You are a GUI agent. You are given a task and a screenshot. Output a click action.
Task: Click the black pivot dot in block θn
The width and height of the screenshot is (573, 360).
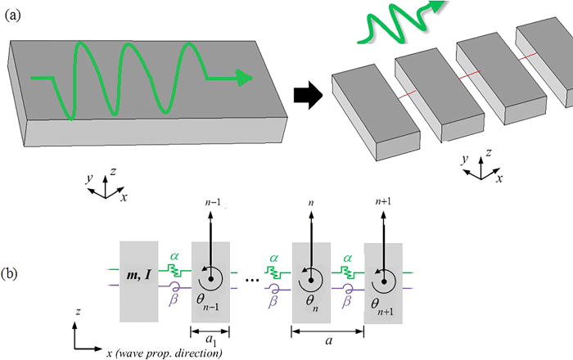(x=312, y=279)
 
